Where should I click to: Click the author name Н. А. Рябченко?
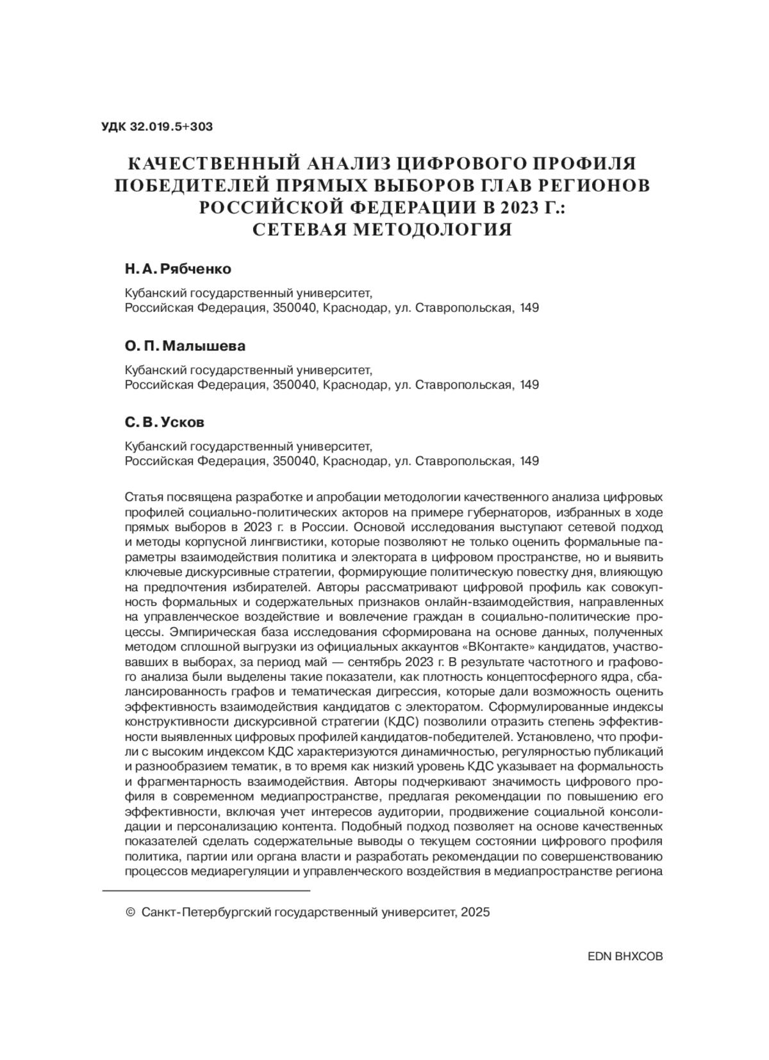(x=178, y=269)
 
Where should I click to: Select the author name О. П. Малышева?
(x=185, y=346)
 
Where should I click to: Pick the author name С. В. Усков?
(x=165, y=423)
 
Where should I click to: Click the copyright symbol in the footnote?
(x=131, y=912)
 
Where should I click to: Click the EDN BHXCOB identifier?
(x=625, y=956)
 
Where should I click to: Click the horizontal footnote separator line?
(x=206, y=890)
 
